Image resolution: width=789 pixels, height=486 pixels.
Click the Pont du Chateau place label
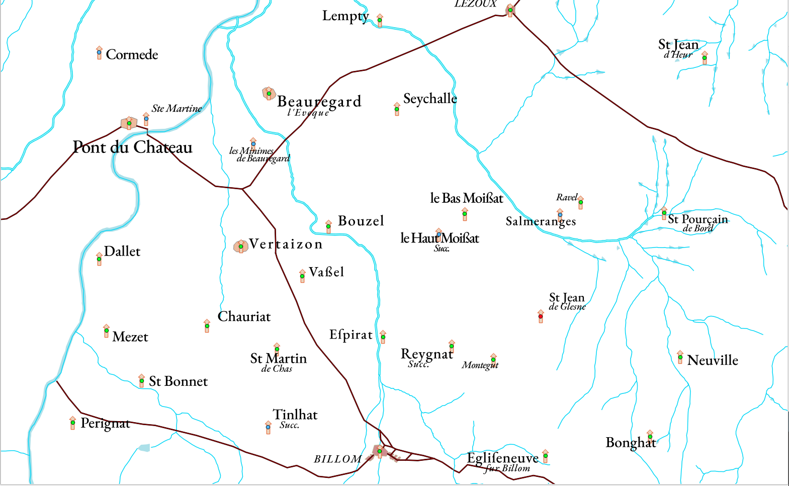(133, 147)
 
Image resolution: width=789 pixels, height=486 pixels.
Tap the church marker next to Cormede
(99, 53)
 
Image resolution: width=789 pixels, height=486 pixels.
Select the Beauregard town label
(319, 102)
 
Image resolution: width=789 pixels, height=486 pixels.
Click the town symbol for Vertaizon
(241, 247)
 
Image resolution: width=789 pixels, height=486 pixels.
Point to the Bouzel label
(361, 221)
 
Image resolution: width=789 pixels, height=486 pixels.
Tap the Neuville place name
(712, 360)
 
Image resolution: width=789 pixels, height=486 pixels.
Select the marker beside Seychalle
(397, 109)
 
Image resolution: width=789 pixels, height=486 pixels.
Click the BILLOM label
(337, 459)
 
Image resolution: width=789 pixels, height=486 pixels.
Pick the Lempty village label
(345, 16)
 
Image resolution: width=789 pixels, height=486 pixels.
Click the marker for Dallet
(99, 260)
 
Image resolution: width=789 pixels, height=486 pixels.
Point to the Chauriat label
(244, 316)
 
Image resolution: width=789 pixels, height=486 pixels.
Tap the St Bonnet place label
(178, 381)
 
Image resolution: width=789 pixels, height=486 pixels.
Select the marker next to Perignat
(73, 423)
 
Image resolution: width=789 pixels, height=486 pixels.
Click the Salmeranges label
(540, 221)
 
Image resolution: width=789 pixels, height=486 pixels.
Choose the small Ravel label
(566, 197)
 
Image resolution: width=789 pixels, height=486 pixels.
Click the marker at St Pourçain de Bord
(664, 213)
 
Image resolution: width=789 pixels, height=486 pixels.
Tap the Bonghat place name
(631, 443)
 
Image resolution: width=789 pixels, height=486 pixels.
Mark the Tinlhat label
(295, 415)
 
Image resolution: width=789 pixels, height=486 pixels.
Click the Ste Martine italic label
(177, 108)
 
